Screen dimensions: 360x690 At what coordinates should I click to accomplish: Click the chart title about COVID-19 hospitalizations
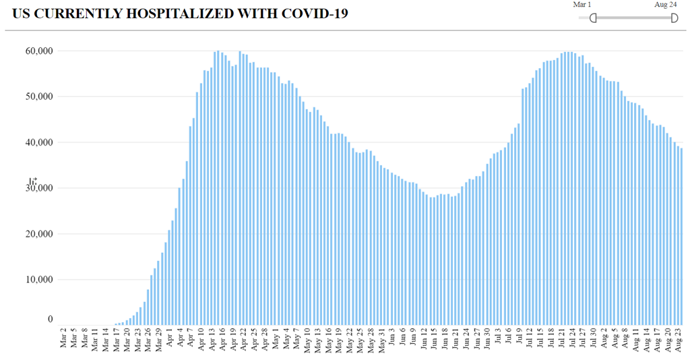(x=180, y=13)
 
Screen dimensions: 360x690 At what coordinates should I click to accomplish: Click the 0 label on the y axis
(x=49, y=320)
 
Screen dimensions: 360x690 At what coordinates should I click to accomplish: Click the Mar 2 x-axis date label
(x=63, y=339)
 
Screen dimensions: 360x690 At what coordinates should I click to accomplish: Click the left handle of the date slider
(x=593, y=18)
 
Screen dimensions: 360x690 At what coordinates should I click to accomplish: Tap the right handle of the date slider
(x=674, y=18)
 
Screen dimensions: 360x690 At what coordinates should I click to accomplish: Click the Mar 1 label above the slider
(x=582, y=5)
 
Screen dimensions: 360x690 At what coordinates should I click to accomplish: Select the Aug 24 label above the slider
(x=665, y=5)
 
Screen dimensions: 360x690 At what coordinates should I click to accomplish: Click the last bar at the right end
(x=681, y=236)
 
